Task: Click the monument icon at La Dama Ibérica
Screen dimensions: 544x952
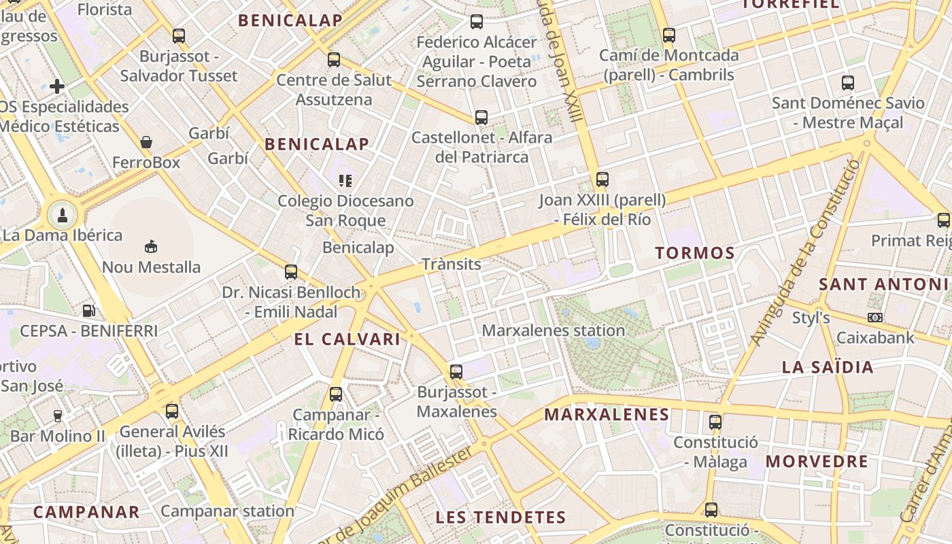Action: click(x=62, y=216)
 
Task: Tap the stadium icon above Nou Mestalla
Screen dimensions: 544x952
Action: click(x=151, y=246)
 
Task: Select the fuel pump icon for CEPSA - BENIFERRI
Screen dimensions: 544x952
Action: click(x=88, y=311)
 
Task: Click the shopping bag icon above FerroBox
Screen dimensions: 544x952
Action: click(x=146, y=142)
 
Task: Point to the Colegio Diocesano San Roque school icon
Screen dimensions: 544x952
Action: click(x=345, y=181)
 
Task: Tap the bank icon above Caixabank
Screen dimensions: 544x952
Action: click(x=875, y=318)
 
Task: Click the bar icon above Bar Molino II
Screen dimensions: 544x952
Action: click(x=58, y=415)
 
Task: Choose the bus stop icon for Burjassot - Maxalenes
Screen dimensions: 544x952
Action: click(x=456, y=372)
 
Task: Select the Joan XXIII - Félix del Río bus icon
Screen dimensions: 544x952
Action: click(x=602, y=180)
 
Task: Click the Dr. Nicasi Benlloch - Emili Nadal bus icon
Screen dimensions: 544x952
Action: click(x=291, y=272)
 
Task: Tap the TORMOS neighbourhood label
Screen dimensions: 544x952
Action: click(x=695, y=254)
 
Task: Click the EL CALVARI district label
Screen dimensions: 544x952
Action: click(x=347, y=339)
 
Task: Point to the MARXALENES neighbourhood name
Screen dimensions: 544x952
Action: click(x=607, y=415)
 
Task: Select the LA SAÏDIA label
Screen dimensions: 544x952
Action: click(x=827, y=367)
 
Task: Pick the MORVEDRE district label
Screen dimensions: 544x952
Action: click(x=817, y=462)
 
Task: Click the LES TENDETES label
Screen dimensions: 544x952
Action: click(x=500, y=517)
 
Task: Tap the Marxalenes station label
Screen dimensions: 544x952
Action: click(x=553, y=330)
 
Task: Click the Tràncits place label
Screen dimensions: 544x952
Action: click(x=451, y=264)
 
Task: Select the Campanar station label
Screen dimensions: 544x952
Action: click(x=227, y=511)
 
